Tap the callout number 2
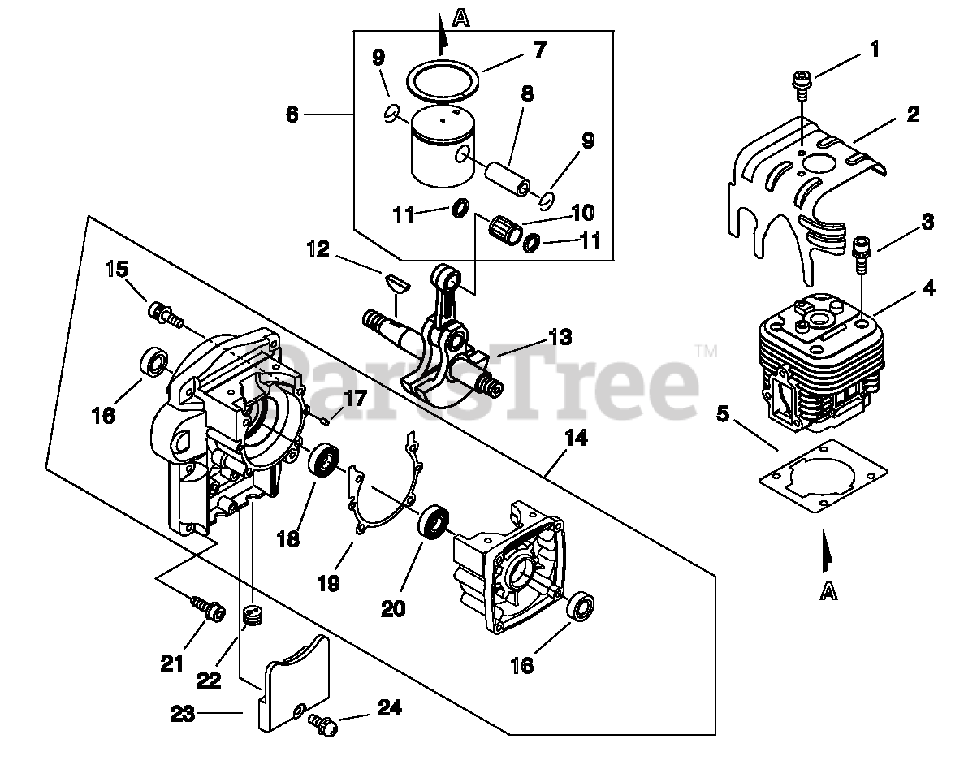[913, 114]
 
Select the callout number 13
[560, 336]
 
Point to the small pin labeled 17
[326, 420]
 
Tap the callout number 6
[292, 115]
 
